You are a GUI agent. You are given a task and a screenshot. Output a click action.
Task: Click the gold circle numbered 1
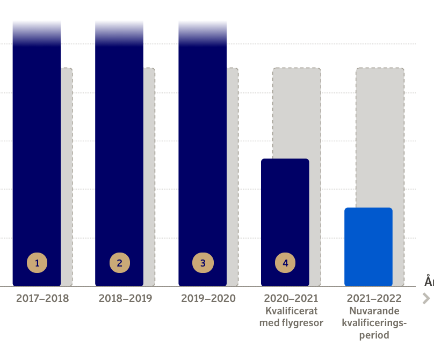(x=37, y=263)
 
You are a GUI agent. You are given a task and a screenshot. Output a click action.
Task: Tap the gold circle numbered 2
(x=120, y=263)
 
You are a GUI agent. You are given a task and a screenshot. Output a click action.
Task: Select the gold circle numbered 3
(x=203, y=263)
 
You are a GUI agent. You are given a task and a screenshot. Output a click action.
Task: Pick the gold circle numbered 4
(x=285, y=263)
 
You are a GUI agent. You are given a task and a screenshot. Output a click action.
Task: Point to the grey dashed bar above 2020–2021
(x=296, y=113)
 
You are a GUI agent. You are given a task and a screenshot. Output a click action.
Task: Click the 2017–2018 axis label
(x=42, y=299)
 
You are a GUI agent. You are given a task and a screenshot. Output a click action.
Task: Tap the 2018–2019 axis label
(x=125, y=299)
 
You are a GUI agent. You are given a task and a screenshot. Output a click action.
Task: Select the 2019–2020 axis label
(x=208, y=299)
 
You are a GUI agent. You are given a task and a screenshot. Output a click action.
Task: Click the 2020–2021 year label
(x=291, y=299)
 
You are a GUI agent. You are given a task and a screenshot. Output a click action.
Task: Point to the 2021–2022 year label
(x=374, y=299)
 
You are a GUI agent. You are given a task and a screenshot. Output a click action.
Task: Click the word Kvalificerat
(x=292, y=311)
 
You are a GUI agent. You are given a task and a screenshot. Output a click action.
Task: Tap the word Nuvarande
(x=374, y=311)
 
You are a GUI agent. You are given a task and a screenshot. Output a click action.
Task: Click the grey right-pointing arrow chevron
(x=426, y=299)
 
